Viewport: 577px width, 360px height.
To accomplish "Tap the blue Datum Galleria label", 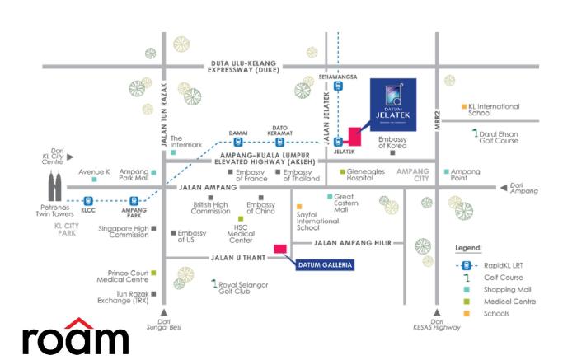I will click(324, 264).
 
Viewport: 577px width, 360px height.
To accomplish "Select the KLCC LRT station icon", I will click(88, 199).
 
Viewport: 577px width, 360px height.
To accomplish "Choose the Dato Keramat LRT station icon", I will click(280, 142).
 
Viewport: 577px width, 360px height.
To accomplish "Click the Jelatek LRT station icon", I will click(338, 142).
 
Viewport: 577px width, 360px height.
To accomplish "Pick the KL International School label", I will click(494, 111).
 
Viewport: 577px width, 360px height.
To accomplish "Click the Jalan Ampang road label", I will click(204, 187).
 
